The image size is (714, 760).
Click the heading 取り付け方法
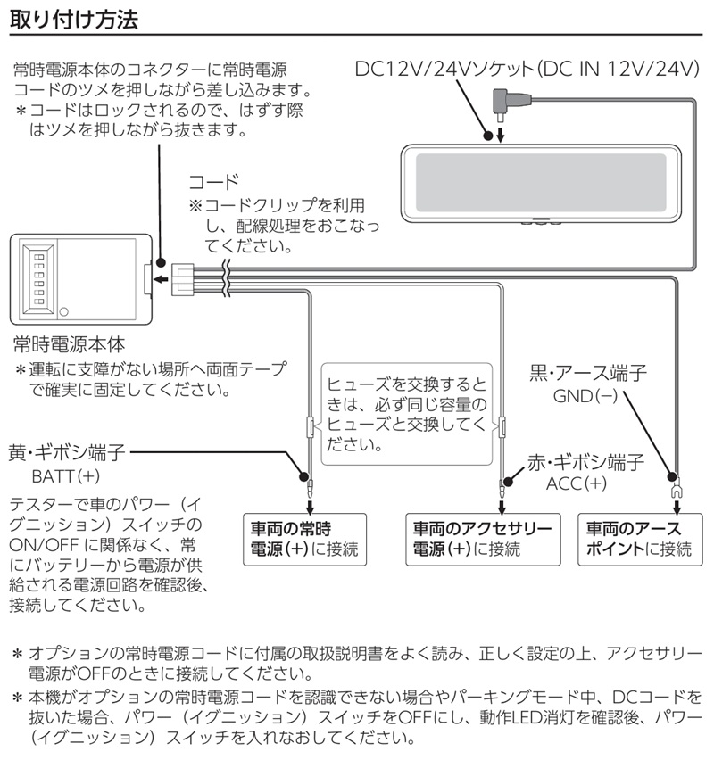pos(74,20)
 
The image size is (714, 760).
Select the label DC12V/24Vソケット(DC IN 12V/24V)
pos(527,69)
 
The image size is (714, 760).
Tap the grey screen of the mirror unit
pos(541,183)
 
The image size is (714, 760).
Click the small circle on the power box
pos(63,311)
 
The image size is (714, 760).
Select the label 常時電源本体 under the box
pos(69,344)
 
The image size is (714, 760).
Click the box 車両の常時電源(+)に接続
pos(304,540)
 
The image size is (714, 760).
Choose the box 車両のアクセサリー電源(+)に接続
pos(483,540)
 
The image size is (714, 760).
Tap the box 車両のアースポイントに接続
pos(640,540)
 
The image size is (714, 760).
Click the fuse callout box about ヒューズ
pos(406,415)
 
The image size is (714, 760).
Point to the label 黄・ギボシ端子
pos(67,453)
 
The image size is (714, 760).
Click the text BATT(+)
pos(66,476)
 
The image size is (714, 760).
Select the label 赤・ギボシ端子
pos(586,462)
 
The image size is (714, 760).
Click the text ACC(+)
pos(577,483)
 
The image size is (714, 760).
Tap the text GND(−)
pos(585,396)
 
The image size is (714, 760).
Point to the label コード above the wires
pos(214,182)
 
